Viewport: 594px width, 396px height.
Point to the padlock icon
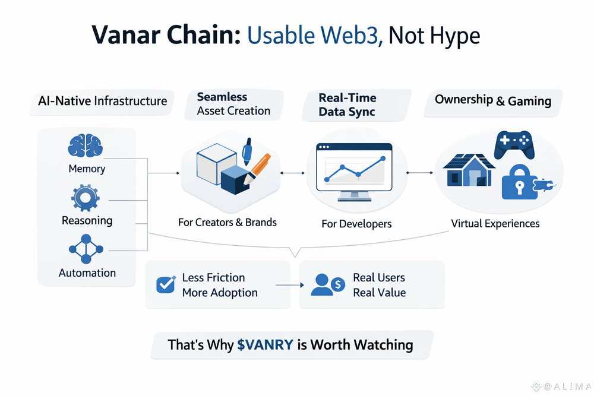click(518, 183)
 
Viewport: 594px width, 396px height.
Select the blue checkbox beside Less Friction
click(164, 284)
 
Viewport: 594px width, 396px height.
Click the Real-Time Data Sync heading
click(347, 104)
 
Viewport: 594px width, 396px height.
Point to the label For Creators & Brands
click(228, 223)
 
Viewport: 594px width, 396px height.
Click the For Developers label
click(356, 224)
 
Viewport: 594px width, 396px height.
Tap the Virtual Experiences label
click(495, 224)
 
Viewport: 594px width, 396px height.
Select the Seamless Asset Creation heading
click(233, 104)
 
